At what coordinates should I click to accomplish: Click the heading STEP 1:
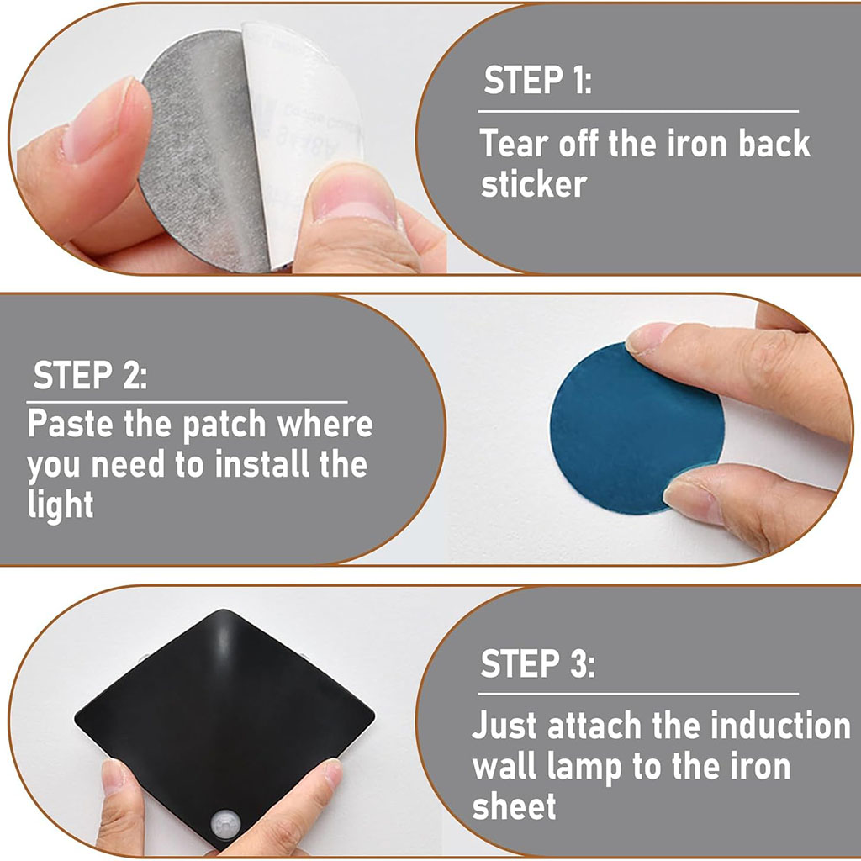click(537, 80)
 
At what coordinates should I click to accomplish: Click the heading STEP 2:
click(90, 375)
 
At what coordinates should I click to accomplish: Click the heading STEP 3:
click(537, 663)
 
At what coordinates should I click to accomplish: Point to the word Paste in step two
click(71, 424)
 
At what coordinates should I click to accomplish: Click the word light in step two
click(61, 504)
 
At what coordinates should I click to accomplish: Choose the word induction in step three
click(780, 726)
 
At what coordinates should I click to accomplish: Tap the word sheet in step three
click(514, 806)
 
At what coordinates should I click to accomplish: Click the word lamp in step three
click(584, 768)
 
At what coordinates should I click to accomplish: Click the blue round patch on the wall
click(637, 428)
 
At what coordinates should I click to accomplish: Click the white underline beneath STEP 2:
click(188, 403)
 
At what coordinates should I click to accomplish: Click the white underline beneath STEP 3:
click(638, 694)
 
